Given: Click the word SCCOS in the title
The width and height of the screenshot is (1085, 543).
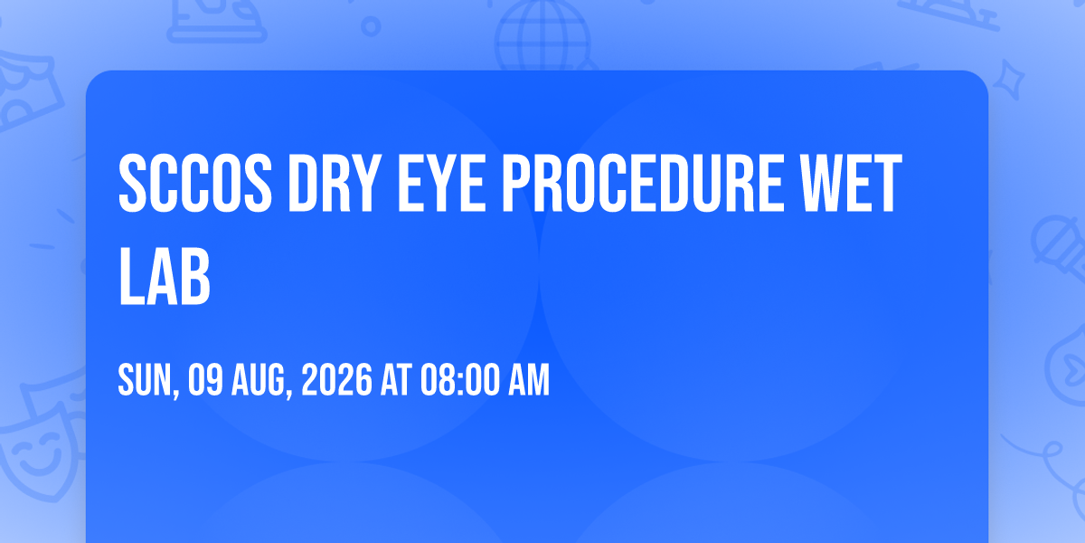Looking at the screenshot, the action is (x=195, y=183).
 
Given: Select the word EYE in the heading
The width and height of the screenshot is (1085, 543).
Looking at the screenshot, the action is (x=441, y=183).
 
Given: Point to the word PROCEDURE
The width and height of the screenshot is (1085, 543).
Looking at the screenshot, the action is (x=642, y=183).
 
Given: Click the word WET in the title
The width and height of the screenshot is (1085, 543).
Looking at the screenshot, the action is (x=851, y=183).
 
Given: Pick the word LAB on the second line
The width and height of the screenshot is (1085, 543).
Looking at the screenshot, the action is (x=165, y=276).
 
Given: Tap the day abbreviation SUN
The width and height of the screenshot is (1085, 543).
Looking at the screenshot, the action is (x=148, y=381).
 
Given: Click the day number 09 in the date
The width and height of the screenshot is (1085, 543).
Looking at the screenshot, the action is (x=205, y=380).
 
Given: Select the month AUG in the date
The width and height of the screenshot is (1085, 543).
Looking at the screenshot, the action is (x=261, y=381).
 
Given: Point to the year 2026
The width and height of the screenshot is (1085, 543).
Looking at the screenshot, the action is (x=337, y=380).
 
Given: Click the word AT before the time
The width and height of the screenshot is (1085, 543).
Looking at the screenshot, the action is (x=396, y=380).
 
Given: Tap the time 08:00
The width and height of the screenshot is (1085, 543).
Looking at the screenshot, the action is (x=459, y=380).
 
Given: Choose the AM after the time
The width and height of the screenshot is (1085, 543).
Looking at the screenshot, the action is (x=528, y=380).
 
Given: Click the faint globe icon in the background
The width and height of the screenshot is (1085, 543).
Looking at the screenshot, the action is (x=542, y=35).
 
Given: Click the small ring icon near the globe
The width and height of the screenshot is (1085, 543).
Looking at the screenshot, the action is (x=371, y=26).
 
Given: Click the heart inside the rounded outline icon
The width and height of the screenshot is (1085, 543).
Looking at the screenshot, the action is (x=1074, y=369).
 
